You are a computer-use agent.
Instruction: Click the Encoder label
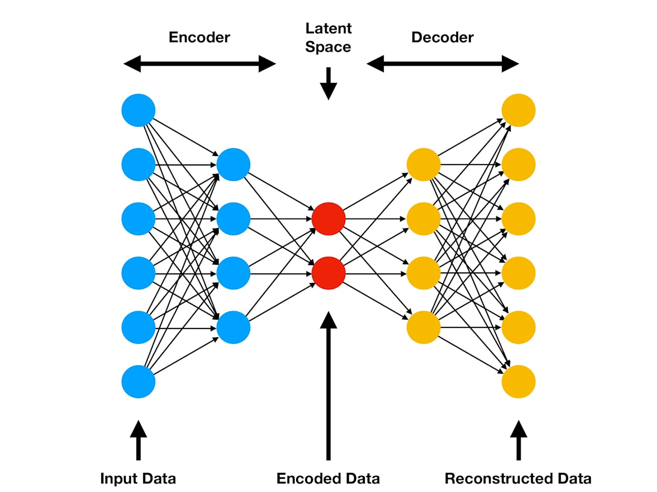(199, 37)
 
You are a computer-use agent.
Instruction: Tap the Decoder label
(443, 37)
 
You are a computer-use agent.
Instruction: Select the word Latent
(328, 29)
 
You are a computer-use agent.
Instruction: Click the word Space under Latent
(328, 47)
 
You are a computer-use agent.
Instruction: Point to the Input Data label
(138, 478)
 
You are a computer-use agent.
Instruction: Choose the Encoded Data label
(328, 478)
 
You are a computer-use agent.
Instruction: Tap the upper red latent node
(328, 219)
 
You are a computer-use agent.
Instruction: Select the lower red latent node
(328, 273)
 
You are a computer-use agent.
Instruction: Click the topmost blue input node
(138, 110)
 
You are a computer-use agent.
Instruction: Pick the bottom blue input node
(138, 382)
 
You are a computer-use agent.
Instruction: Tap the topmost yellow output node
(518, 110)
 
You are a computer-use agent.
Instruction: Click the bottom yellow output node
(518, 382)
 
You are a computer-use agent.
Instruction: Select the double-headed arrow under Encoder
(200, 64)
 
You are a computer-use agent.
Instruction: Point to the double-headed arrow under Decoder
(443, 64)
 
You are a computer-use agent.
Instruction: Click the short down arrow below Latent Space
(328, 84)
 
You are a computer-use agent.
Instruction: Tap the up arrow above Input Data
(138, 441)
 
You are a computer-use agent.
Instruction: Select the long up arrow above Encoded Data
(328, 386)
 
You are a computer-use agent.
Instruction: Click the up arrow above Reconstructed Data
(518, 441)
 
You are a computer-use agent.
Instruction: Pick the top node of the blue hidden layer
(233, 164)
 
